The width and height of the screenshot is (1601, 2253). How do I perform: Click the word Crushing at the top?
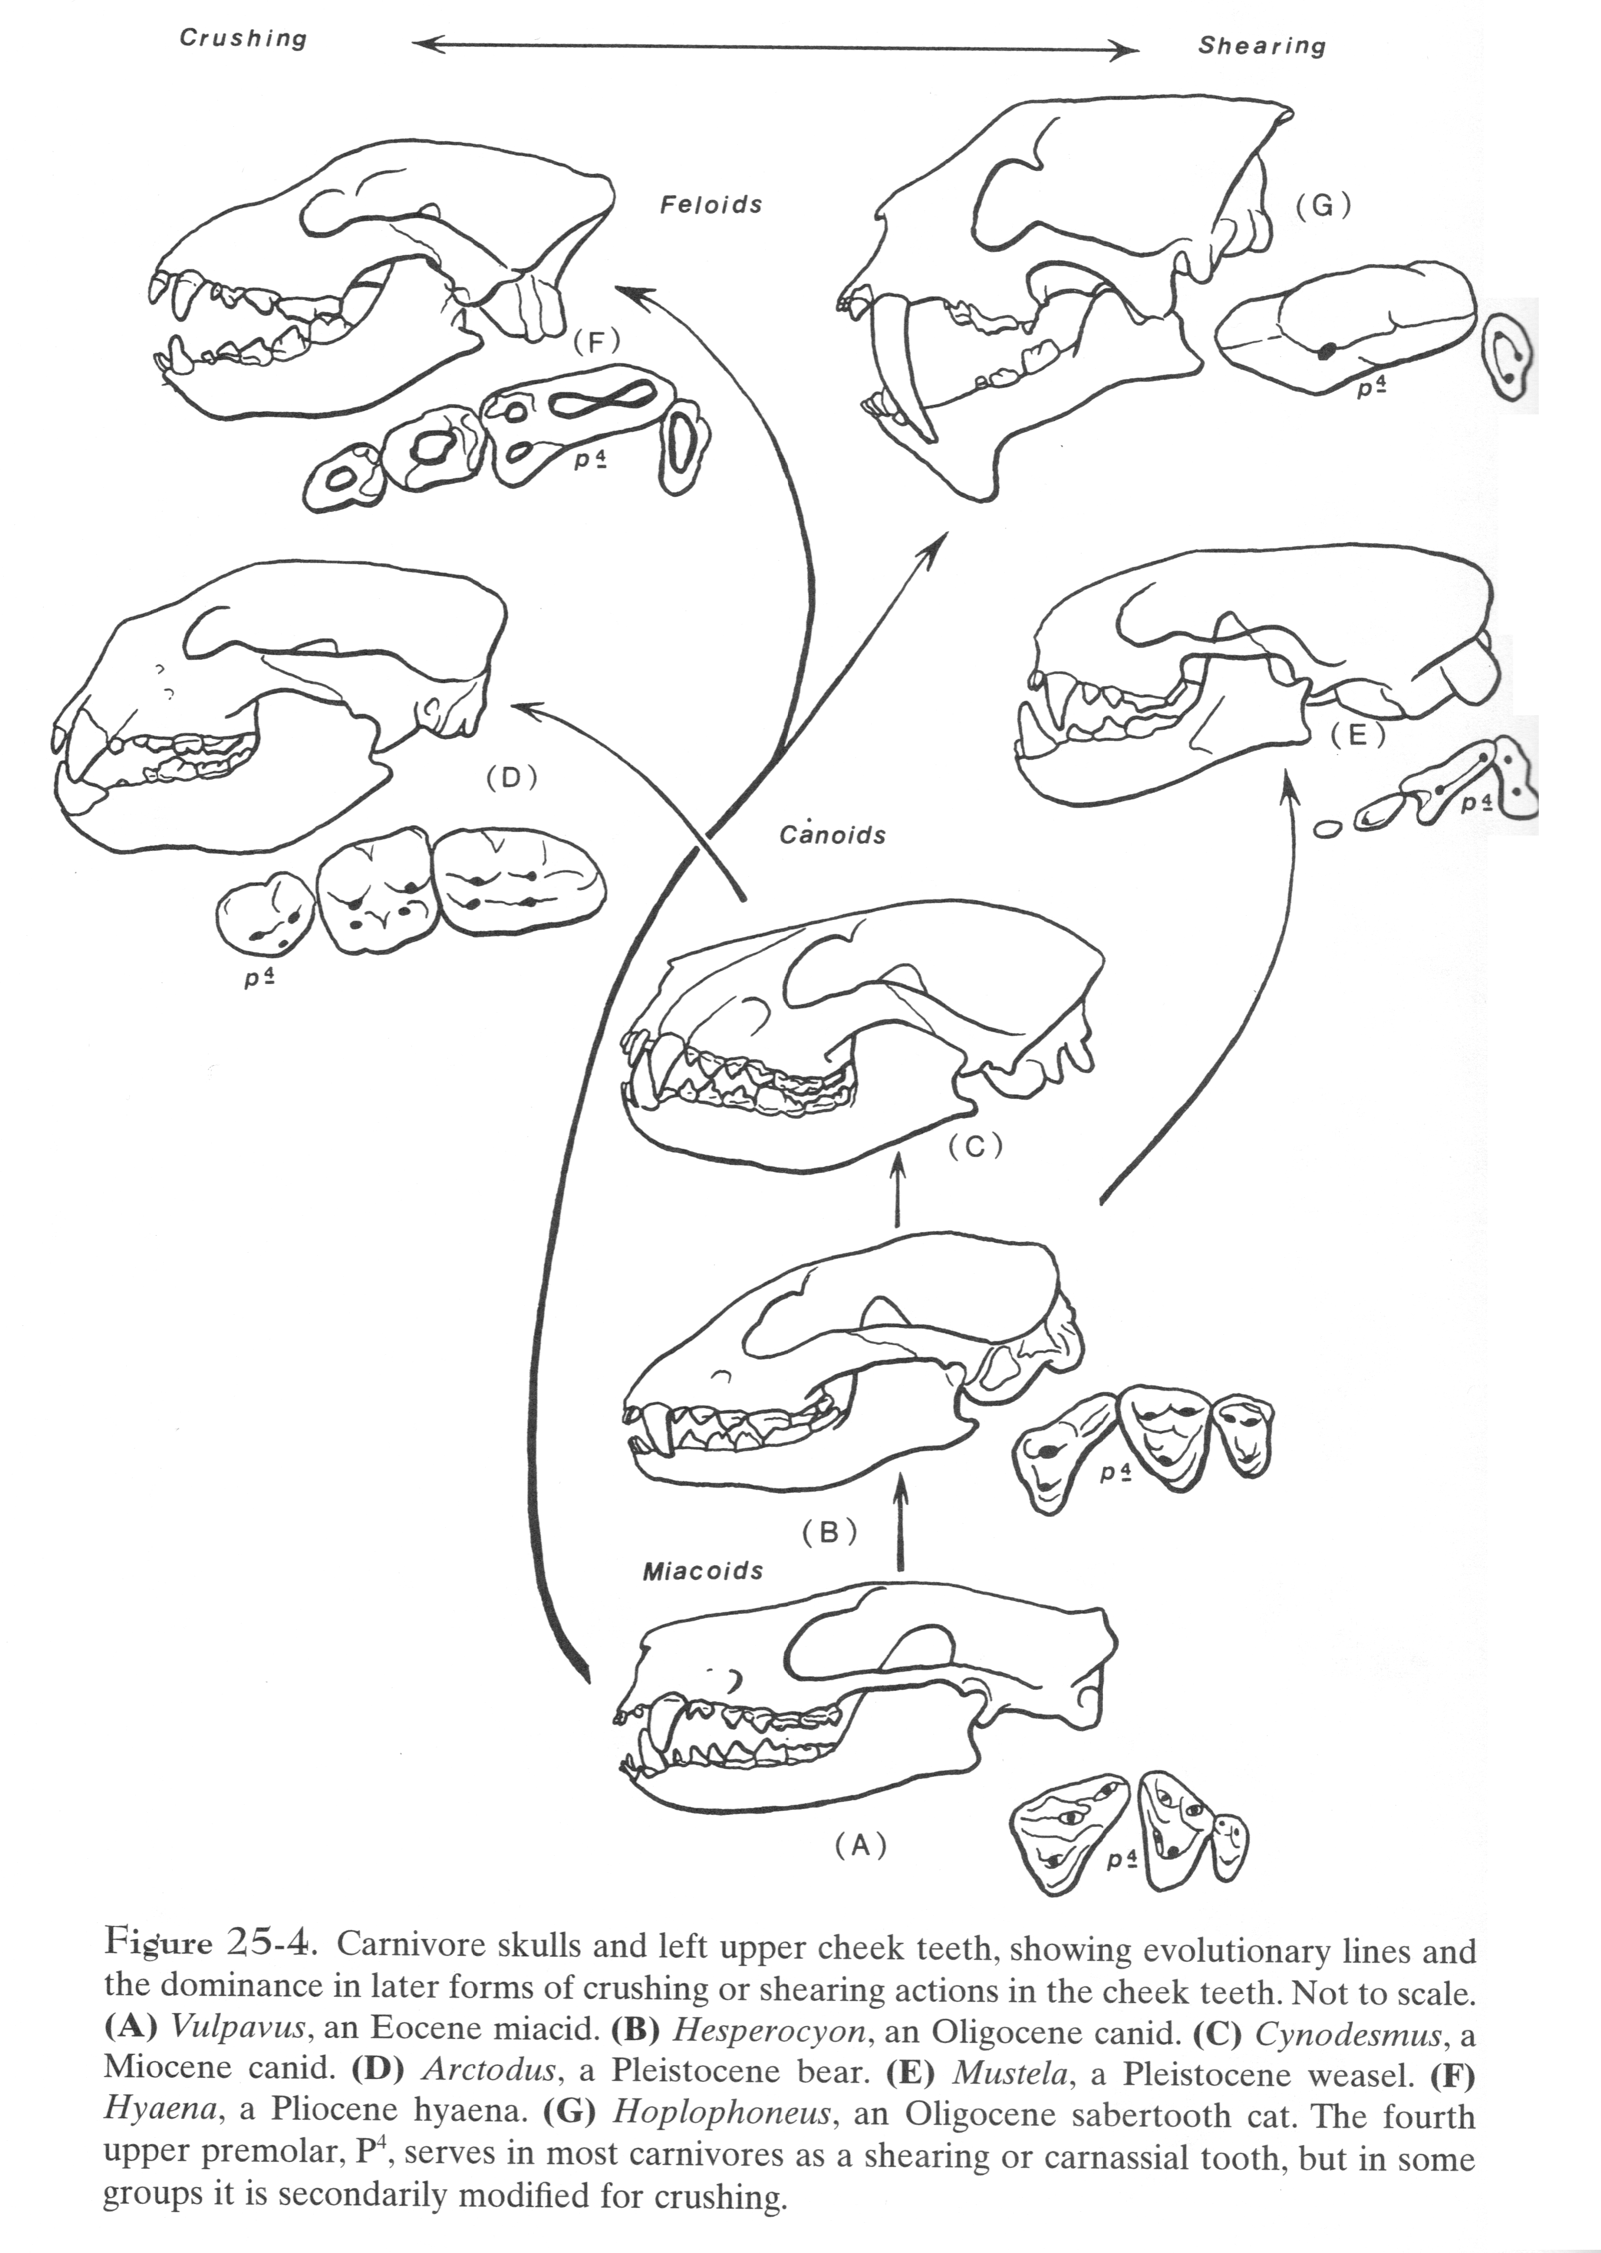pos(243,38)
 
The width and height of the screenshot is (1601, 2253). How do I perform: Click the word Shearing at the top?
pos(1262,45)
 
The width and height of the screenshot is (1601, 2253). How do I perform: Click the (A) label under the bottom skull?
pos(861,1846)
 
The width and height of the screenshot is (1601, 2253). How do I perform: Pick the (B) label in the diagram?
pos(829,1532)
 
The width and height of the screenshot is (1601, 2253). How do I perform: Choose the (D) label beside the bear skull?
pos(510,777)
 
